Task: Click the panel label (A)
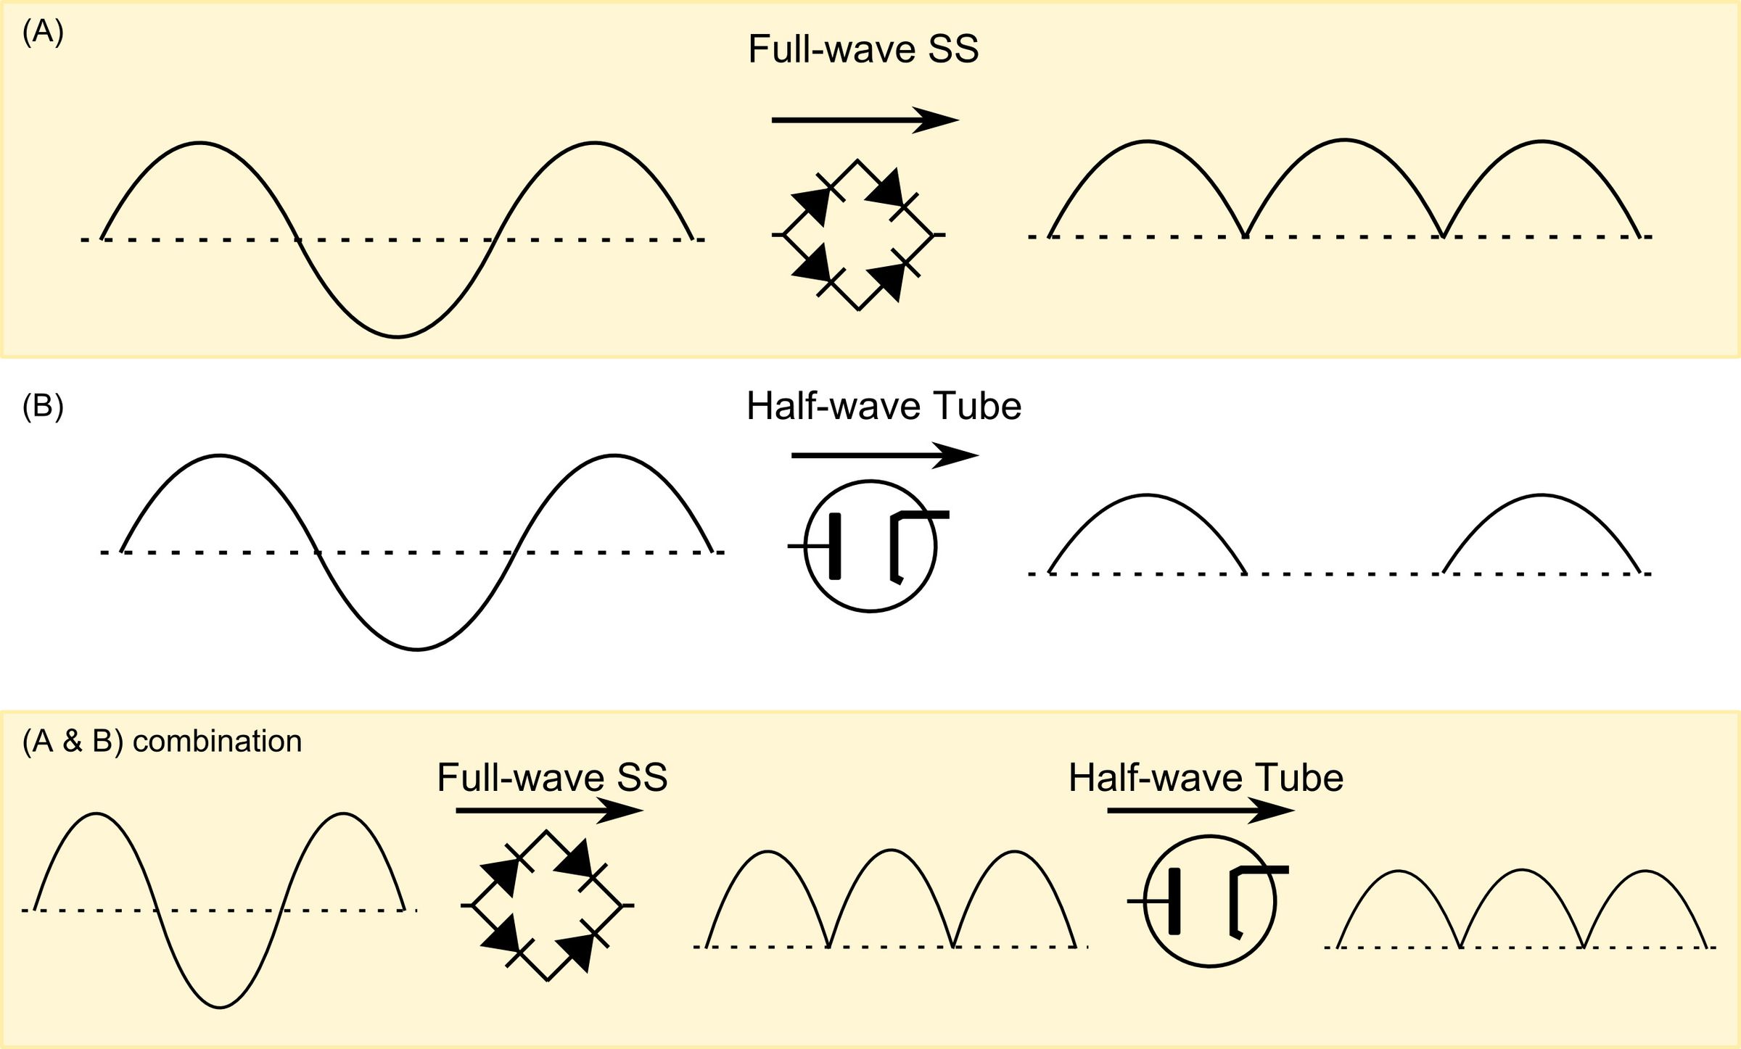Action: [x=43, y=33]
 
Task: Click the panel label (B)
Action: [x=43, y=406]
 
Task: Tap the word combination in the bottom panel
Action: [x=218, y=742]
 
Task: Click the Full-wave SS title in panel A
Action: [x=863, y=49]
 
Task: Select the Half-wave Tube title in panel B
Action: [x=884, y=406]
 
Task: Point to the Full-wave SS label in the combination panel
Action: [x=552, y=778]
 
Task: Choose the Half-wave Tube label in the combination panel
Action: [x=1206, y=778]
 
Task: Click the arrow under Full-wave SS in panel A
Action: [x=865, y=120]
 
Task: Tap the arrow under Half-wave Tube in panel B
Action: [x=885, y=455]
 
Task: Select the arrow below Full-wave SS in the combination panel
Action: [x=550, y=810]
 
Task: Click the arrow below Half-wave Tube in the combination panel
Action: [x=1201, y=810]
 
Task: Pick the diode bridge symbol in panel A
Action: [x=859, y=234]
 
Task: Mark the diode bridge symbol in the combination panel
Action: [x=548, y=905]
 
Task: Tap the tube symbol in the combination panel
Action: [x=1209, y=901]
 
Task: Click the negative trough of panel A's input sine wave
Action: [x=397, y=336]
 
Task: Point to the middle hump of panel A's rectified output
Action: [x=1344, y=140]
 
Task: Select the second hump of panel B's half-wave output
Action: [x=1541, y=495]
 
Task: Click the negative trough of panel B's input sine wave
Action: [x=416, y=650]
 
